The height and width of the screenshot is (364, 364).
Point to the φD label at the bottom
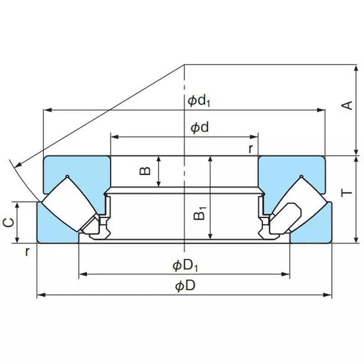click(x=185, y=286)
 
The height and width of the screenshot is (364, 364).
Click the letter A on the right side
click(x=347, y=106)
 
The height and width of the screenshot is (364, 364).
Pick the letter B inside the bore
click(x=145, y=171)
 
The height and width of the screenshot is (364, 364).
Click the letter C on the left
click(x=8, y=222)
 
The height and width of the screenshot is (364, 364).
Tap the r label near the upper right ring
click(x=250, y=148)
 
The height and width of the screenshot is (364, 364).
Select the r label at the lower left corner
click(x=27, y=252)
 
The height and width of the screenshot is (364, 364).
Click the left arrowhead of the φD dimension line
click(x=40, y=296)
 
